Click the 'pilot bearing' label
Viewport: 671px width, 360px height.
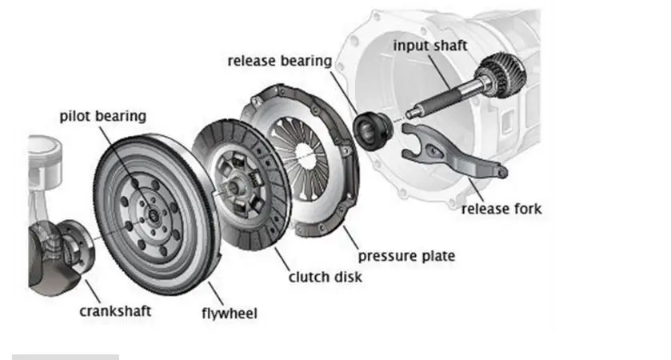[103, 116]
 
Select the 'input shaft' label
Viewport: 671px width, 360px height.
[429, 45]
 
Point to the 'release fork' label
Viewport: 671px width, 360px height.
[501, 209]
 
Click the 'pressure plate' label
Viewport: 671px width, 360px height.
[406, 256]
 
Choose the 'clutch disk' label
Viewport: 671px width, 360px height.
[325, 277]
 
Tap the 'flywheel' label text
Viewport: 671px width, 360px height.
[229, 313]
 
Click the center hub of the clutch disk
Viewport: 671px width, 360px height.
[233, 186]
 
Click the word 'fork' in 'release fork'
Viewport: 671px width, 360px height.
[528, 209]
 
